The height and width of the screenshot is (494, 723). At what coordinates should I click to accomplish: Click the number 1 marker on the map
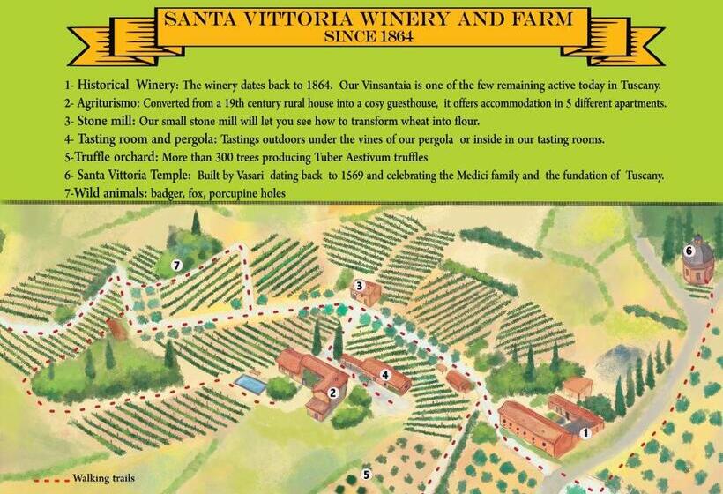(x=585, y=432)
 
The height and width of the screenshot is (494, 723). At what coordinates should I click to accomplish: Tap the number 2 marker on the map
(x=332, y=393)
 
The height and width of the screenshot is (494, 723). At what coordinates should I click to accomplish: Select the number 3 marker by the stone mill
(x=359, y=286)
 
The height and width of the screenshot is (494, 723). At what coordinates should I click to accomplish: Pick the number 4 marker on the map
(x=385, y=374)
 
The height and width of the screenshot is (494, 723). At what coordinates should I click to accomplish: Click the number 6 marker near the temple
(x=689, y=251)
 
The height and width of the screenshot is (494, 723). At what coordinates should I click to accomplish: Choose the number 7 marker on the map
(x=176, y=265)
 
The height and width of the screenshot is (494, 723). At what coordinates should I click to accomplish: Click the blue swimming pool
(x=250, y=384)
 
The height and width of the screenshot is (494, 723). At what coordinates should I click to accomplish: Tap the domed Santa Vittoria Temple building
(x=697, y=260)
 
